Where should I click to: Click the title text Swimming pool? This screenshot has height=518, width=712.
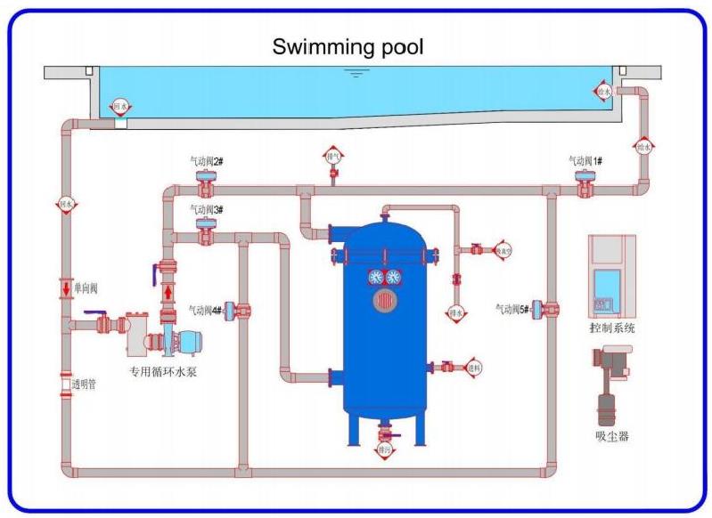tap(348, 46)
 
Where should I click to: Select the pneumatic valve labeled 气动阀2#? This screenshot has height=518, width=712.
tap(207, 185)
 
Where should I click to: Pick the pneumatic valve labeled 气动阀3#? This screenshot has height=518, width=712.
tap(207, 233)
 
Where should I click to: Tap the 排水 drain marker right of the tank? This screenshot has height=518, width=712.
tap(455, 313)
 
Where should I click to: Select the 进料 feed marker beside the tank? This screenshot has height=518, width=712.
tap(473, 367)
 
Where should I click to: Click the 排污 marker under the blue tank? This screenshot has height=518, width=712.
tap(385, 451)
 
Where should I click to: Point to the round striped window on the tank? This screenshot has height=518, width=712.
tap(385, 301)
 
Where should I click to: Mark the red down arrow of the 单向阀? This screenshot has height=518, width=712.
tap(66, 288)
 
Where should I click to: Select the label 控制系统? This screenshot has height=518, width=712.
tap(612, 328)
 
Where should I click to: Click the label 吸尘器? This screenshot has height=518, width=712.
tap(612, 437)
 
